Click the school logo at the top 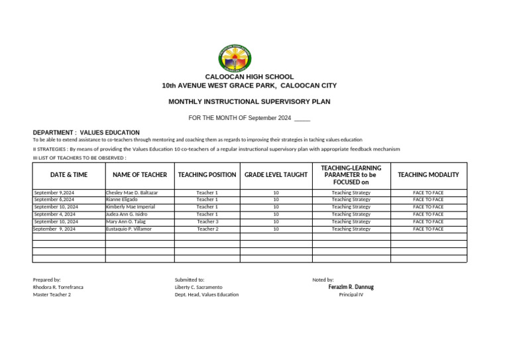click(x=235, y=58)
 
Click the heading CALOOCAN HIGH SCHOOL click(x=249, y=77)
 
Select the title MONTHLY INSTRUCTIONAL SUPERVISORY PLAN click(x=249, y=101)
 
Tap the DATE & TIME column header click(x=69, y=175)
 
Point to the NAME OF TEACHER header click(x=140, y=175)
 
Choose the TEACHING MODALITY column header click(x=428, y=175)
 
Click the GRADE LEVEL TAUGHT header click(x=276, y=175)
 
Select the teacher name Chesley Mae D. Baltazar click(x=132, y=193)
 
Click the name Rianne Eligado click(x=122, y=200)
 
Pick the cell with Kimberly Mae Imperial click(x=130, y=207)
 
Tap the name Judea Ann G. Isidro click(x=127, y=214)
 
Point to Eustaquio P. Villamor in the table click(x=129, y=229)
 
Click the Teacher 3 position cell click(x=207, y=221)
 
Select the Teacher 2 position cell click(x=207, y=229)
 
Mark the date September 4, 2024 click(x=54, y=214)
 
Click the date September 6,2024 click(x=54, y=200)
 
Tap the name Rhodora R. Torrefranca click(x=58, y=287)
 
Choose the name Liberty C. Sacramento click(x=199, y=287)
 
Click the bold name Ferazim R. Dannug click(x=351, y=287)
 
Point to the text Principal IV click(x=351, y=294)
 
